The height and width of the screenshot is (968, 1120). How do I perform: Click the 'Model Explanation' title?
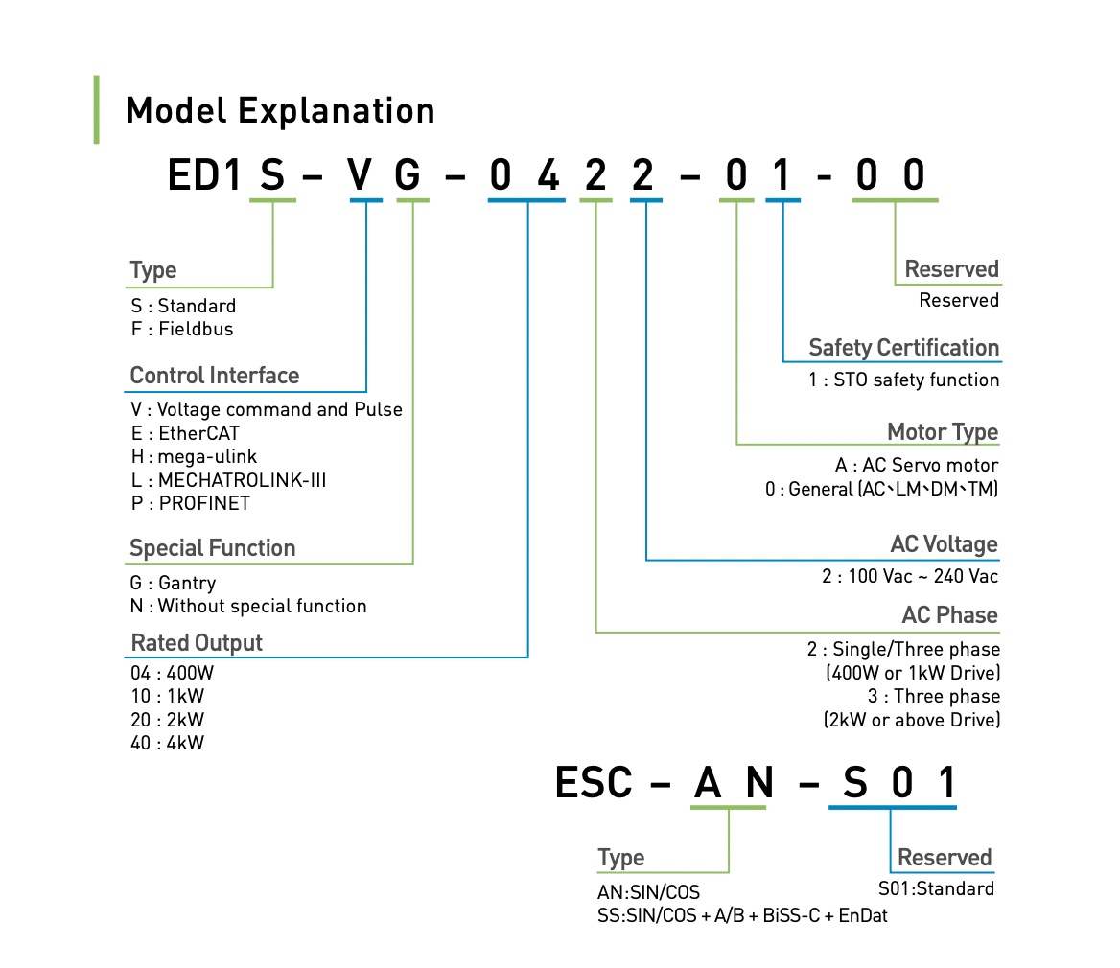pos(280,110)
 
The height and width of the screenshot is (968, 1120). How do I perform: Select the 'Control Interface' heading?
pos(214,376)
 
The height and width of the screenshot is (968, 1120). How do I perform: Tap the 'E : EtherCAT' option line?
pos(185,433)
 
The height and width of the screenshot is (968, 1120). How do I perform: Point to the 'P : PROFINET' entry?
pos(190,503)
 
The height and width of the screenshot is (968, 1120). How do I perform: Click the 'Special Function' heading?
pos(212,548)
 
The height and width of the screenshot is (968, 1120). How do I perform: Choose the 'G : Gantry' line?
pos(173,584)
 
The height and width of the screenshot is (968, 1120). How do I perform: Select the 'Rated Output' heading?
pos(197,642)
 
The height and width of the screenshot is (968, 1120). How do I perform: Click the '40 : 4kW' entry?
pos(167,743)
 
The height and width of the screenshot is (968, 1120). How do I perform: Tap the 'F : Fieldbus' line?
pos(182,329)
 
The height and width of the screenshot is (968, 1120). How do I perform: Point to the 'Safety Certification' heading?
pos(903,348)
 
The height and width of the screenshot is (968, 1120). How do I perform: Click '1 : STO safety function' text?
pos(903,380)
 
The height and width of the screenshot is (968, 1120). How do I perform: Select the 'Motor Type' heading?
pos(943,432)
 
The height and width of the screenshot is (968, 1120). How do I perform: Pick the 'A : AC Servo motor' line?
pos(917,466)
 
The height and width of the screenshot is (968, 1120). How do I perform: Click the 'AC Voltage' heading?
pos(945,544)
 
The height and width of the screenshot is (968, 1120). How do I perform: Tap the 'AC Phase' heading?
pos(949,615)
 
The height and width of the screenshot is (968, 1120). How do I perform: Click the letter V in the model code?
pos(360,174)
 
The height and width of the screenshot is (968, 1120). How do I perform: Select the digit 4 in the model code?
pos(548,174)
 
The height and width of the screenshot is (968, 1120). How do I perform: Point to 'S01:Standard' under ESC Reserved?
pos(936,888)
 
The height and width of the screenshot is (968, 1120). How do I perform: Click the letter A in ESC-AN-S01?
pos(708,782)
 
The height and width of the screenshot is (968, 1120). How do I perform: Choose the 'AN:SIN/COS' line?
pos(648,892)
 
